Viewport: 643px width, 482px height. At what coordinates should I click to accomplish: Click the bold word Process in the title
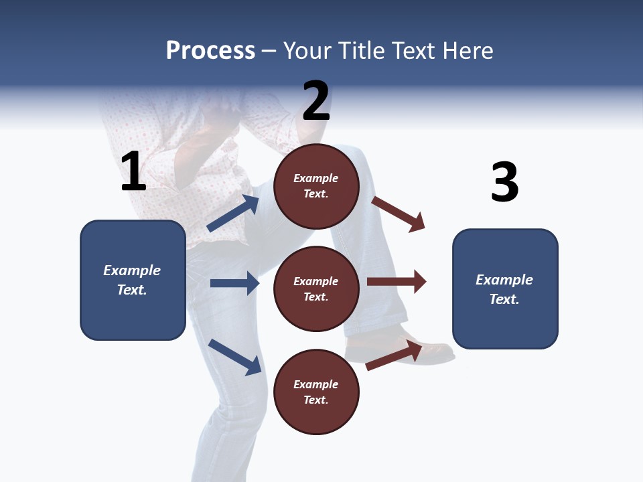210,51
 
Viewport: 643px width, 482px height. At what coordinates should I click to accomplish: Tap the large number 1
133,171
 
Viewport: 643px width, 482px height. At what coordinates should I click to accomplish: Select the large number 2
316,101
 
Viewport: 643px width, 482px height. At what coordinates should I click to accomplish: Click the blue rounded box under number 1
133,280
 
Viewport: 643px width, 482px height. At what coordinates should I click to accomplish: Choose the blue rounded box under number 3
505,289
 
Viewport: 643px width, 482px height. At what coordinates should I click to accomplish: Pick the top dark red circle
316,185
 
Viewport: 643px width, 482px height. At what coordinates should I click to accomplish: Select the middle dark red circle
316,289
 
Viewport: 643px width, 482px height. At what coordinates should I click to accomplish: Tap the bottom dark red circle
316,392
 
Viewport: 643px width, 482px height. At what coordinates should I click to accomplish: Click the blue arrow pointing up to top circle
233,214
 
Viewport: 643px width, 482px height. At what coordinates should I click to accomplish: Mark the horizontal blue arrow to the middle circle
234,283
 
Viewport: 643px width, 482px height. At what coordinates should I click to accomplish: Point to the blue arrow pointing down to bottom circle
234,356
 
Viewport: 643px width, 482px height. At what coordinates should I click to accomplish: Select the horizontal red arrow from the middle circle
397,282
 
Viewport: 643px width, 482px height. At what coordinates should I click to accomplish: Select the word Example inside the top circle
316,178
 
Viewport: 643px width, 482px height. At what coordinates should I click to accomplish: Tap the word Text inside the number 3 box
504,299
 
